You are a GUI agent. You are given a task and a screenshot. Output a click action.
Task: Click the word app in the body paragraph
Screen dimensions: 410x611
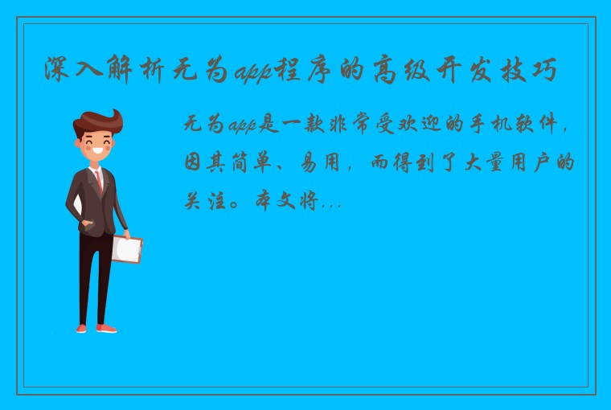coord(242,126)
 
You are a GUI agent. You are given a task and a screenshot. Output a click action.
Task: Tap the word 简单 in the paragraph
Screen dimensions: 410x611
coord(256,164)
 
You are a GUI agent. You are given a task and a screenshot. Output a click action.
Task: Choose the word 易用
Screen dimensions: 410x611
coord(319,164)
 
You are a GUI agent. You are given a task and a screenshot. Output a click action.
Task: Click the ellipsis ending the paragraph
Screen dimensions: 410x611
coord(331,206)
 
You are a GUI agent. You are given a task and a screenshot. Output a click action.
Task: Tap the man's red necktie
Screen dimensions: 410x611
coord(99,182)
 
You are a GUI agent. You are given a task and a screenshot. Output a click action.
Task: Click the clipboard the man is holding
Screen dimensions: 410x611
coord(126,249)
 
